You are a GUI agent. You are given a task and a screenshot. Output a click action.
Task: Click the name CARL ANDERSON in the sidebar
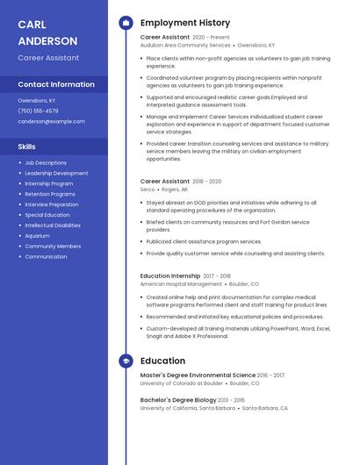coord(47,32)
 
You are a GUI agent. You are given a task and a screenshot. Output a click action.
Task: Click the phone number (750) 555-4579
coord(38,111)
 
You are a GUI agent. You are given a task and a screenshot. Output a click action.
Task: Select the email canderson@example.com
coord(52,121)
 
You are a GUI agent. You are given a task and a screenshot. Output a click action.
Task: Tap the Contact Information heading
coord(56,84)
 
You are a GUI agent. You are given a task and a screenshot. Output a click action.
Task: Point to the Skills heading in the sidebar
coord(27,147)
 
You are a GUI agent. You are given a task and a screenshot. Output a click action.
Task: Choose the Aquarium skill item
coord(37,236)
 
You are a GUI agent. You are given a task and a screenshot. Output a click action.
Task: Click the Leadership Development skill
coord(56,173)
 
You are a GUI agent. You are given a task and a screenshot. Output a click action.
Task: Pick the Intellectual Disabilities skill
coord(53,225)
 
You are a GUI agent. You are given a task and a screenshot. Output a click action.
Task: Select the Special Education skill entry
coord(47,215)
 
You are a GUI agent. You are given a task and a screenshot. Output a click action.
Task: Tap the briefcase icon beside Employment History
coord(126,22)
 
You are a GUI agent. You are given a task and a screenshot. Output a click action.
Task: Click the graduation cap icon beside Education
coord(126,361)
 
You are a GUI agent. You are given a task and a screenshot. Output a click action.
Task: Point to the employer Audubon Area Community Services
coord(185,45)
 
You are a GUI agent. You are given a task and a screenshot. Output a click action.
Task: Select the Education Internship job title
coord(170,275)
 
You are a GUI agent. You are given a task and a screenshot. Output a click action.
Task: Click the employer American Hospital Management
coord(181,284)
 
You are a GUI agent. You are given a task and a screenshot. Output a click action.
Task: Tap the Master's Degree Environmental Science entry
coord(198,375)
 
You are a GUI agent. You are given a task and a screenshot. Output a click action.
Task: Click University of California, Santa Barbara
coord(188,408)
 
